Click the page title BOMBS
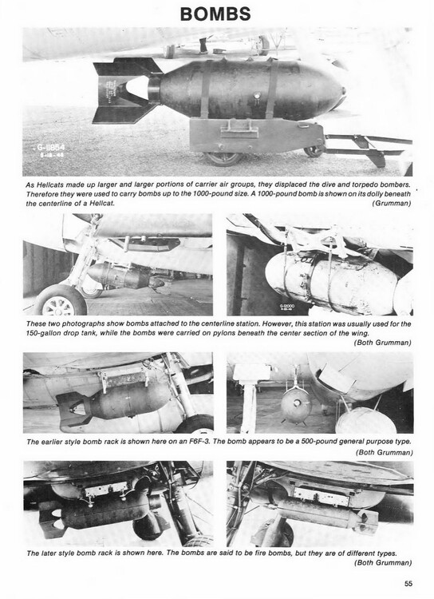point(215,14)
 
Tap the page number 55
point(408,583)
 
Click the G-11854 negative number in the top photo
point(51,148)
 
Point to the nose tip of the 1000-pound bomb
point(344,91)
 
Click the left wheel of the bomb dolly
point(223,158)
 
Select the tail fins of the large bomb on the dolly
point(126,92)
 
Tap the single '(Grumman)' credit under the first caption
point(392,203)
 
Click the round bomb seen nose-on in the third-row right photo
point(296,406)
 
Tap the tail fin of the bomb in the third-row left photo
point(73,409)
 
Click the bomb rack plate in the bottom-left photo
point(106,489)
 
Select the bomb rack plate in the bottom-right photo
point(322,497)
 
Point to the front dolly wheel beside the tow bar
point(314,150)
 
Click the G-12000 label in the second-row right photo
point(286,307)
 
